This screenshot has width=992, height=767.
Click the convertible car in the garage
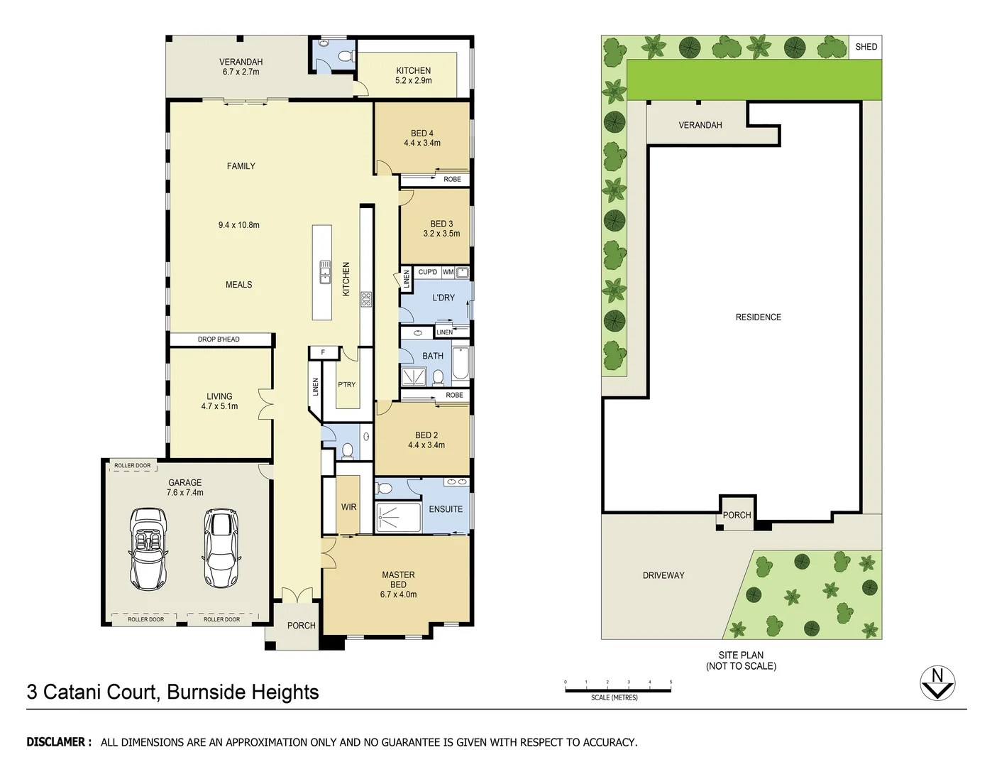149,548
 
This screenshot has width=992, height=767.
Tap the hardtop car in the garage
221,548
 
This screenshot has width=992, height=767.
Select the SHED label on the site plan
866,47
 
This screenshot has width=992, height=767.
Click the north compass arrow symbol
937,683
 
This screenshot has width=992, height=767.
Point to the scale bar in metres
617,689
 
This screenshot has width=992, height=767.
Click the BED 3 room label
441,224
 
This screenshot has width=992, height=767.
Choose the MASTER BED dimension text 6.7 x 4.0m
398,594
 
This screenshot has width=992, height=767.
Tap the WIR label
348,507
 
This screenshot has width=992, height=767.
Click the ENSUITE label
446,509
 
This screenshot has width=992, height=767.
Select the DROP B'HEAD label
219,339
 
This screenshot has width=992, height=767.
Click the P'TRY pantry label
346,384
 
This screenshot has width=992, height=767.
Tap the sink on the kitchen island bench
325,272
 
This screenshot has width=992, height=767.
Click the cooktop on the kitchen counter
366,299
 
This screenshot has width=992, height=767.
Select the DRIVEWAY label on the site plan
663,575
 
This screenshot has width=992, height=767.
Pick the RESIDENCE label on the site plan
758,317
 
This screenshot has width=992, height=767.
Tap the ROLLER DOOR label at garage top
133,466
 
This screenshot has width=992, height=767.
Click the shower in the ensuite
397,518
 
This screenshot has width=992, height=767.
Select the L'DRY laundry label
443,298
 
